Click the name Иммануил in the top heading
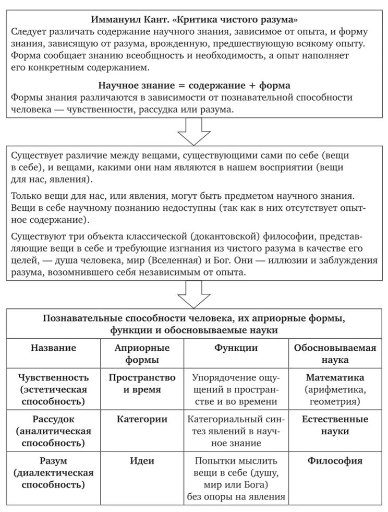[x=116, y=19]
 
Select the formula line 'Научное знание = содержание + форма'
[x=194, y=85]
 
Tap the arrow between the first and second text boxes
[x=194, y=131]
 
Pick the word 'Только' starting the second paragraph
[x=25, y=195]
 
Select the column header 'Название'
[x=53, y=348]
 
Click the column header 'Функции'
[x=236, y=348]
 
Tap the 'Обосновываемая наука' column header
[x=335, y=353]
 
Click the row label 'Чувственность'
[x=53, y=377]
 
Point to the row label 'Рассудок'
[x=53, y=419]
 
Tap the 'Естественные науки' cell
[x=335, y=425]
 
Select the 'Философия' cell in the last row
[x=335, y=461]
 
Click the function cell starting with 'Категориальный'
[x=236, y=431]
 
